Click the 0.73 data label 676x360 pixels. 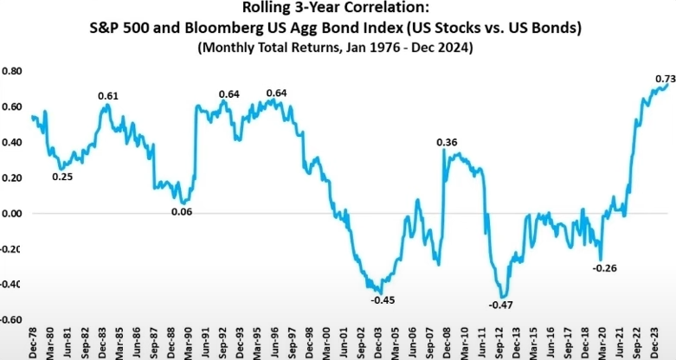(664, 79)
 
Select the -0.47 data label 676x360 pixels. (501, 305)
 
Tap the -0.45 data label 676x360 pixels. (383, 300)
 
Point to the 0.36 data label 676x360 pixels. (447, 142)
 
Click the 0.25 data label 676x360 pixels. (62, 177)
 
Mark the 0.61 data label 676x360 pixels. (108, 96)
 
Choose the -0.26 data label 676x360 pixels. (604, 268)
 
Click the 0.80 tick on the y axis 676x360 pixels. (11, 71)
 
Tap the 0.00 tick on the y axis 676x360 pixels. (11, 213)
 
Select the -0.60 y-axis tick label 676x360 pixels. (10, 319)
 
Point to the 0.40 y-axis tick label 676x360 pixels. (11, 142)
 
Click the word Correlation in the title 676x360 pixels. (384, 11)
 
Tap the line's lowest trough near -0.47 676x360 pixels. (501, 296)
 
